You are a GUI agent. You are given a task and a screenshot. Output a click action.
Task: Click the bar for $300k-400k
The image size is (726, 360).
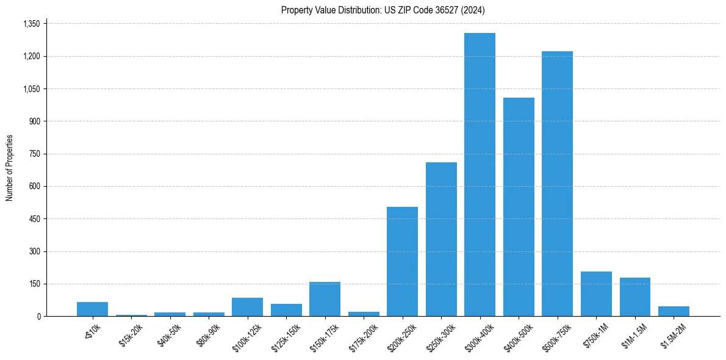click(x=480, y=175)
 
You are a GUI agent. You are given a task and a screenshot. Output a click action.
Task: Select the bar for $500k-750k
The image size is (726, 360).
click(x=557, y=184)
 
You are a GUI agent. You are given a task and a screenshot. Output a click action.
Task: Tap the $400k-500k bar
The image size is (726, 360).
click(x=519, y=207)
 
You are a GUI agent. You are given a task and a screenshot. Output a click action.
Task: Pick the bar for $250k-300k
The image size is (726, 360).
click(x=441, y=239)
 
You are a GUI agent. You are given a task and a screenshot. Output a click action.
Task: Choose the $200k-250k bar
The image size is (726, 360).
click(x=402, y=262)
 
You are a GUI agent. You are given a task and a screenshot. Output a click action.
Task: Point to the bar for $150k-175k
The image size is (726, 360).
click(x=325, y=299)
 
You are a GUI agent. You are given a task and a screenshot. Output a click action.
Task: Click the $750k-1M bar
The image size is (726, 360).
click(x=596, y=294)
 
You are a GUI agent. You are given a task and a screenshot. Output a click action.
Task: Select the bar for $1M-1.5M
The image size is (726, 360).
click(x=634, y=297)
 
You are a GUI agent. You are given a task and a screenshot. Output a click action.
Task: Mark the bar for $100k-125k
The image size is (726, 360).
click(x=247, y=307)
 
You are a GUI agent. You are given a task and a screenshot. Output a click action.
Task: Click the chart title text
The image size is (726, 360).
click(x=383, y=10)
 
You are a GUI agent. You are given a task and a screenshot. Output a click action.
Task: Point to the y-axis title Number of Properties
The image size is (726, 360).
click(x=9, y=168)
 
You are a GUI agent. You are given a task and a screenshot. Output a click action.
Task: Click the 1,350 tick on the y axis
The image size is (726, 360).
click(x=31, y=24)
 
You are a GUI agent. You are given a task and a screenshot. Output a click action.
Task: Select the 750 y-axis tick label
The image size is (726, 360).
click(x=34, y=154)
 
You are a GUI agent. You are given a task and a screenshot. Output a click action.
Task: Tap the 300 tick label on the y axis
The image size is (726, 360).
click(x=34, y=251)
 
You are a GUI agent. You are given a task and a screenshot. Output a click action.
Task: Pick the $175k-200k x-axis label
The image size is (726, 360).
click(x=364, y=335)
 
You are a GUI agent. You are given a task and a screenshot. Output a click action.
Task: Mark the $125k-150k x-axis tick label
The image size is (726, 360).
click(x=287, y=335)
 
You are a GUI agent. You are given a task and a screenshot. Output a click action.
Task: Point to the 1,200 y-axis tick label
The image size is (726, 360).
click(x=31, y=56)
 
